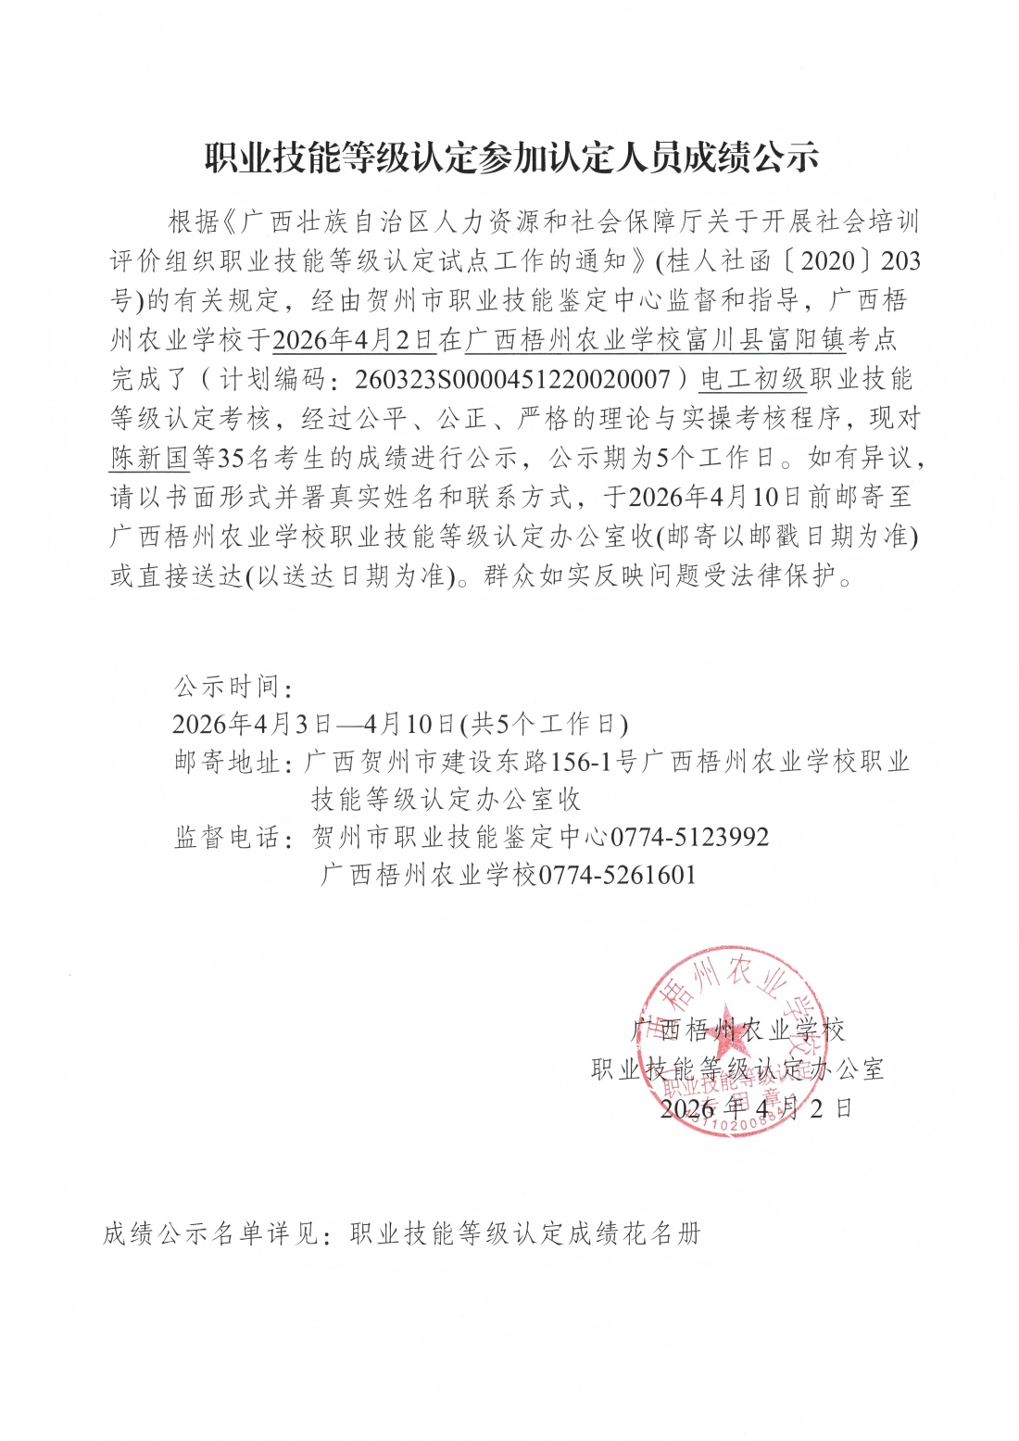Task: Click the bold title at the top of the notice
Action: coord(511,158)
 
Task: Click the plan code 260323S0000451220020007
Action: coord(511,380)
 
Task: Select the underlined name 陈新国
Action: coord(149,457)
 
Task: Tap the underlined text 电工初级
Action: coord(752,379)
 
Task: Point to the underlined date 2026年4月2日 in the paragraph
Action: coord(354,340)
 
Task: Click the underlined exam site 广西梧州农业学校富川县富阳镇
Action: coord(655,340)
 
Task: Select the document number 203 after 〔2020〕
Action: coord(900,261)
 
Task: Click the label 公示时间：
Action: coord(233,687)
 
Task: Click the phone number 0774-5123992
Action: coord(689,838)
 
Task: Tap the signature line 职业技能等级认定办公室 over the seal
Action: coord(737,1069)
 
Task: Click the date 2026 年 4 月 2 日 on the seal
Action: coord(755,1108)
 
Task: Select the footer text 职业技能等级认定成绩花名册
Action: coord(525,1233)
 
